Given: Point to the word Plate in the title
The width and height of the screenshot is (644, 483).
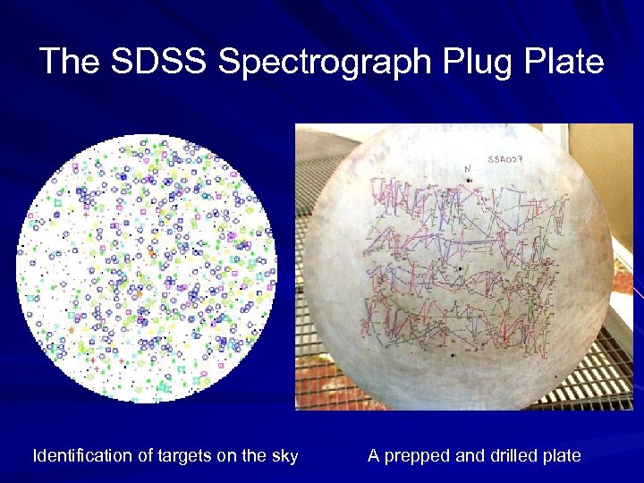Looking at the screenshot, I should [567, 63].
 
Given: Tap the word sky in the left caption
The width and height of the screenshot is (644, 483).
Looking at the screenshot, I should [284, 456].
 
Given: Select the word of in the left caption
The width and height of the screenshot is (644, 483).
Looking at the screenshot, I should [147, 456].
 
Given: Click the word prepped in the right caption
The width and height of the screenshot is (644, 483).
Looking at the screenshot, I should [417, 456].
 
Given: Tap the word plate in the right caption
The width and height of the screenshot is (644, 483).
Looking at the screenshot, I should [562, 456].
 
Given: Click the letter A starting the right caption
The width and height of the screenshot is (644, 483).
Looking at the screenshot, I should [374, 456].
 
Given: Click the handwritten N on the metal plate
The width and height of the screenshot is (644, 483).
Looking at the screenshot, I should [467, 167].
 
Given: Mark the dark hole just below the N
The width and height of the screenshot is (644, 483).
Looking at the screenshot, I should [469, 181].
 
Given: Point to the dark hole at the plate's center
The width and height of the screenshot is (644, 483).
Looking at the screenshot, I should [460, 267].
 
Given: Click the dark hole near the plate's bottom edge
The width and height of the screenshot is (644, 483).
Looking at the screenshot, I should [453, 356].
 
